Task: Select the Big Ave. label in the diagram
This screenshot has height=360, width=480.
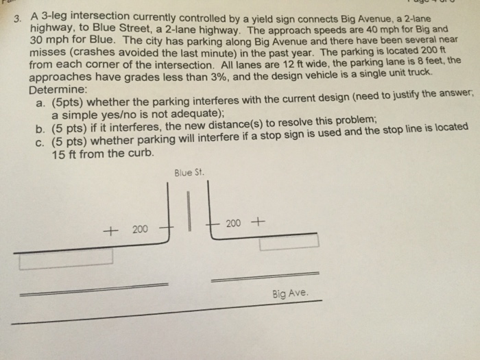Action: click(289, 293)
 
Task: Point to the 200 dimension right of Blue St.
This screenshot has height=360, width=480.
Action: click(234, 223)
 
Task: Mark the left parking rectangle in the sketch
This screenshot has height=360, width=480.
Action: click(66, 259)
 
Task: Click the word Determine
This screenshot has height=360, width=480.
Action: click(58, 90)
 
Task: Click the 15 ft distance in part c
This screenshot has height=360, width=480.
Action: click(65, 154)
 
